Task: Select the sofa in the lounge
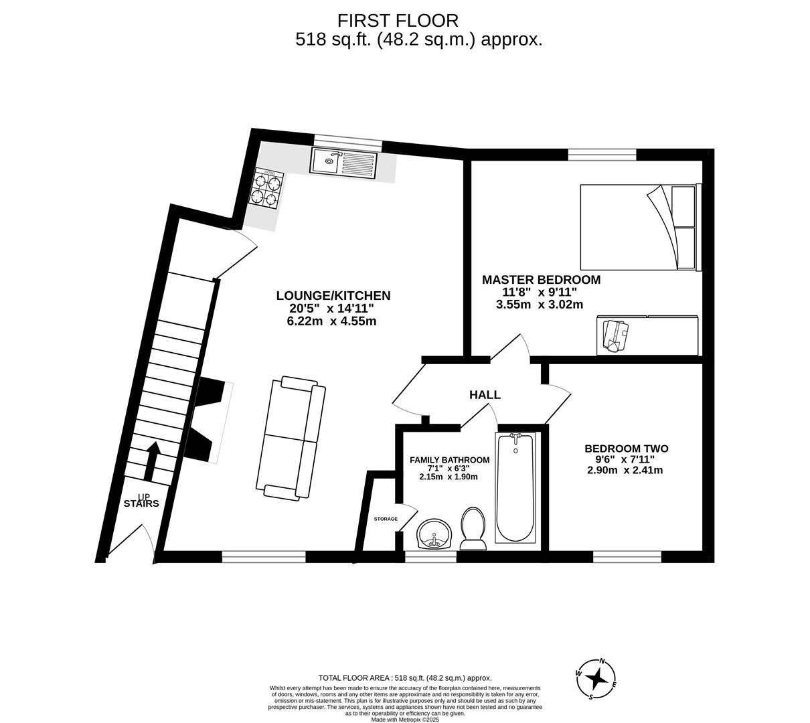coord(291,439)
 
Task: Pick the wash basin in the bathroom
coord(434,534)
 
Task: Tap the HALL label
coord(485,395)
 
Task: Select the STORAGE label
coord(386,519)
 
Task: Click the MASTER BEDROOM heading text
coord(541,280)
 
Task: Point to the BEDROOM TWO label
coord(626,449)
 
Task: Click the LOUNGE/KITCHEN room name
coord(333,296)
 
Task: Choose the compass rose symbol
coord(596,679)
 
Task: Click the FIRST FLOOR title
coord(398,20)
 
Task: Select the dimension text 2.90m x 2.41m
coord(625,470)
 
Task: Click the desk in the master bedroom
coord(647,335)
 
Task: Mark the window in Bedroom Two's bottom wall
coord(627,556)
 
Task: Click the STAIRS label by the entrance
coord(141,503)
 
